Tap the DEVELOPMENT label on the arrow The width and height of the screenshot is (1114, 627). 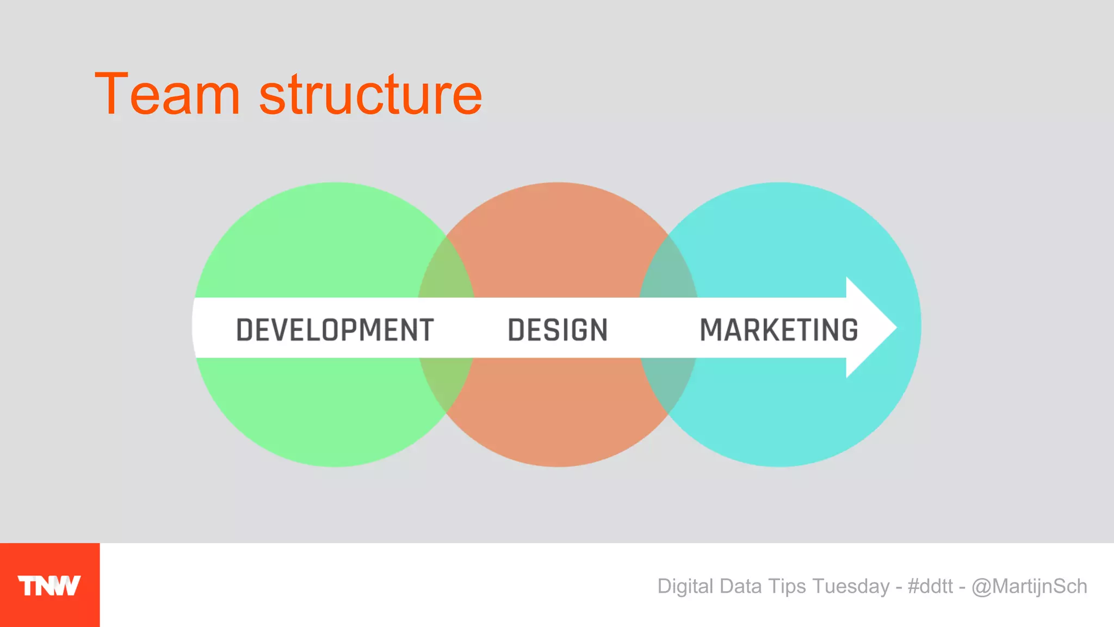[x=335, y=330]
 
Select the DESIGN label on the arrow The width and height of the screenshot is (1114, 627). [x=558, y=330]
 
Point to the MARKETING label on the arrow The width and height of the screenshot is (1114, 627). [x=779, y=330]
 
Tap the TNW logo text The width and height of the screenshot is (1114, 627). [x=49, y=586]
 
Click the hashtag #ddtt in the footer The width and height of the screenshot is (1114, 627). [x=930, y=586]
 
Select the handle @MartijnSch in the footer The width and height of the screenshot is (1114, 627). [x=1029, y=586]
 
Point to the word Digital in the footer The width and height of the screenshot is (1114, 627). [x=685, y=586]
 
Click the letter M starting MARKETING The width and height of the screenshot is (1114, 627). [x=711, y=330]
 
